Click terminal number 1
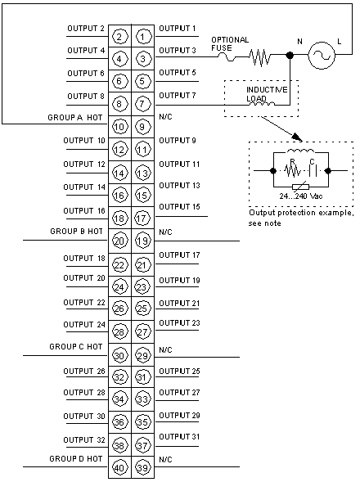142,37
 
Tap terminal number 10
119,127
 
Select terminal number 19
142,241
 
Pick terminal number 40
119,467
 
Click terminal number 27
142,332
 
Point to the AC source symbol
322,56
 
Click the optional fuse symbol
227,56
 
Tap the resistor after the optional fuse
260,57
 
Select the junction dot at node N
290,56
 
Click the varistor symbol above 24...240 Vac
300,187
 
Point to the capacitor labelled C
313,170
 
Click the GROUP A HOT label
75,118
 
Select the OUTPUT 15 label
179,206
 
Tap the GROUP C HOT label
75,347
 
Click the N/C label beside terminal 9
165,117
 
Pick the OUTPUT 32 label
84,440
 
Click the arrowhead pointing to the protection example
296,137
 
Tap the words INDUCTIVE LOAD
267,94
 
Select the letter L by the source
339,41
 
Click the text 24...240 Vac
301,196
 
